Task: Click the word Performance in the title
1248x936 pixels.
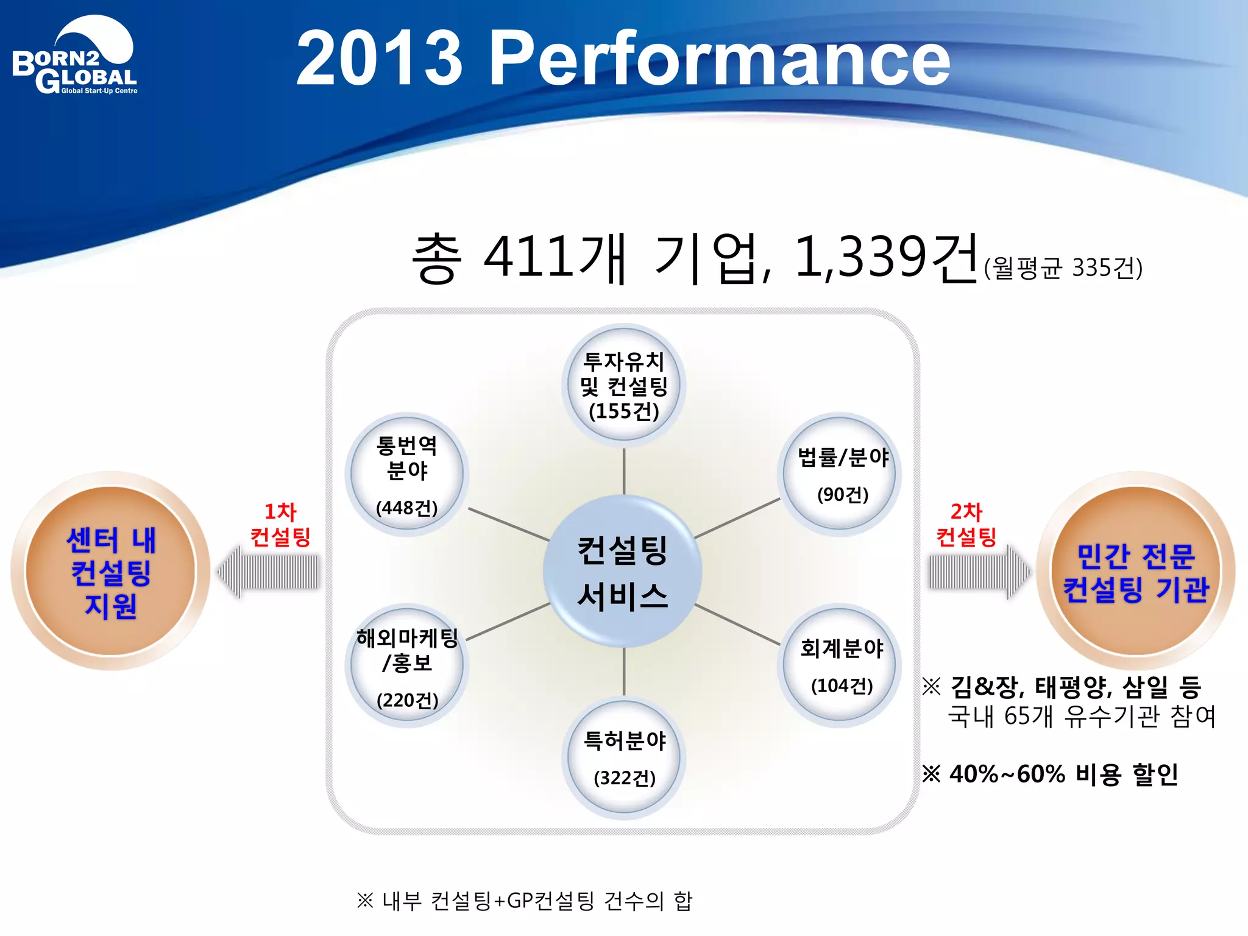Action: tap(719, 59)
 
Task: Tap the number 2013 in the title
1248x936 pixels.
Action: tap(379, 59)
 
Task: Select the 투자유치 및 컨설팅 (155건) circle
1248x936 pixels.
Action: tap(623, 385)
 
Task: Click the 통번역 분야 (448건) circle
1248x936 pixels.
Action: tap(407, 474)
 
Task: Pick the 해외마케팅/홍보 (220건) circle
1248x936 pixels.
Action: tap(407, 666)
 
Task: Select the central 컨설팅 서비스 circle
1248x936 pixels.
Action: tap(622, 572)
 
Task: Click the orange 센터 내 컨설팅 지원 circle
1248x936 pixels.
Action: tap(111, 572)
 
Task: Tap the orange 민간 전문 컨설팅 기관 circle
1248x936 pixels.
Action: tap(1135, 572)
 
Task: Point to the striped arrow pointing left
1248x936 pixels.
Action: tap(268, 572)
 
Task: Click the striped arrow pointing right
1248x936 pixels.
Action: tap(978, 572)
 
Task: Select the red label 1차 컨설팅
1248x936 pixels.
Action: tap(280, 524)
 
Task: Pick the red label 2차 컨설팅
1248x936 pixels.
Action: tap(966, 524)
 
